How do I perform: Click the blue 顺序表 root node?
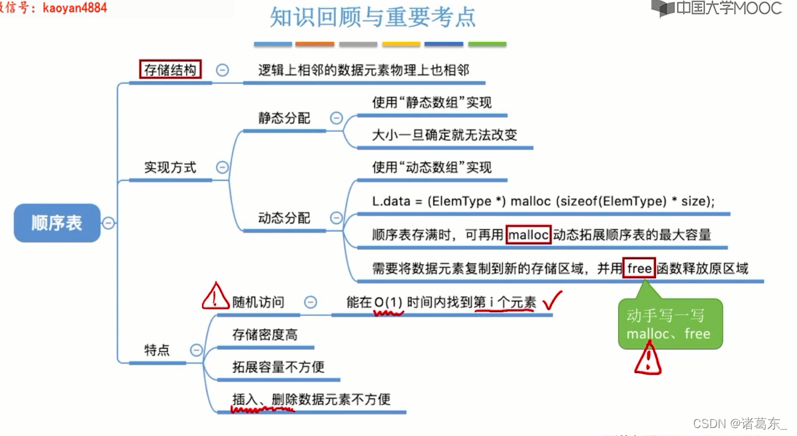click(x=57, y=223)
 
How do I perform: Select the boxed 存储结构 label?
click(x=170, y=70)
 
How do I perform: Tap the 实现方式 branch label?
click(x=170, y=168)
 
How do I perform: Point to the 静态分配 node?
click(x=284, y=118)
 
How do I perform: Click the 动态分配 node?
click(x=284, y=218)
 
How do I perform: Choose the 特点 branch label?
click(x=157, y=350)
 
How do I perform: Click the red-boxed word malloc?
click(x=529, y=235)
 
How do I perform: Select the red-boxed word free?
click(x=639, y=268)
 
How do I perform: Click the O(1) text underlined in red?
click(x=388, y=302)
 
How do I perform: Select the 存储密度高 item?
click(x=264, y=335)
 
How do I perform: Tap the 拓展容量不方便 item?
click(x=278, y=366)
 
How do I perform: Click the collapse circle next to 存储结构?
click(x=223, y=70)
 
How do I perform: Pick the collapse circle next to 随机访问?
click(x=310, y=302)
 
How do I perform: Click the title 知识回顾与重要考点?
click(x=373, y=17)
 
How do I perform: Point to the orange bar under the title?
click(x=315, y=44)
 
